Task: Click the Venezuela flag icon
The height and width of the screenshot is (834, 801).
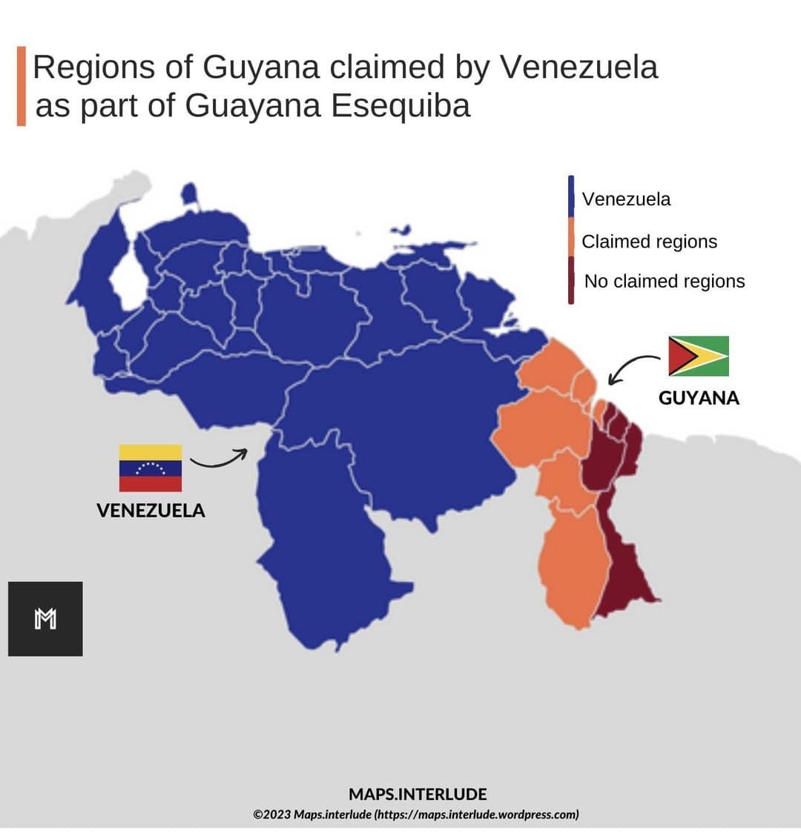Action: point(151,468)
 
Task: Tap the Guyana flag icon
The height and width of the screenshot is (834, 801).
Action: point(699,356)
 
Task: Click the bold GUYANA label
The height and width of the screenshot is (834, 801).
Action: point(699,398)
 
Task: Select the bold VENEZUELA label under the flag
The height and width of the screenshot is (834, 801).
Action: point(151,510)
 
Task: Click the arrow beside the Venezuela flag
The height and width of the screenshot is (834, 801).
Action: point(218,459)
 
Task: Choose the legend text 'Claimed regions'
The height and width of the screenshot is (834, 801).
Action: point(649,242)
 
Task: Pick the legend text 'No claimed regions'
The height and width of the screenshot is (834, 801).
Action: point(665,282)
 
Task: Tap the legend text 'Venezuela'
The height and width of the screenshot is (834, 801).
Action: point(626,199)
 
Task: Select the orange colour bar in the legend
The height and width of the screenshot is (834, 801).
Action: point(571,236)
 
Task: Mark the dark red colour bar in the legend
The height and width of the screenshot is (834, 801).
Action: point(571,280)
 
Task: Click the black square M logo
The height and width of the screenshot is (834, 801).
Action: point(45,619)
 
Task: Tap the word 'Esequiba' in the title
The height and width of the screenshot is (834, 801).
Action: point(400,105)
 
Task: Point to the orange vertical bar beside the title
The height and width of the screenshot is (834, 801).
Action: point(22,86)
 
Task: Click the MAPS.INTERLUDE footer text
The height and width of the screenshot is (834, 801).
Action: point(418,794)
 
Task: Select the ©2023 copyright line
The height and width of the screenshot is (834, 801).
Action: point(416,814)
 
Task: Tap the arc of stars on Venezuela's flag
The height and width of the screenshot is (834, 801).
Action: point(151,467)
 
